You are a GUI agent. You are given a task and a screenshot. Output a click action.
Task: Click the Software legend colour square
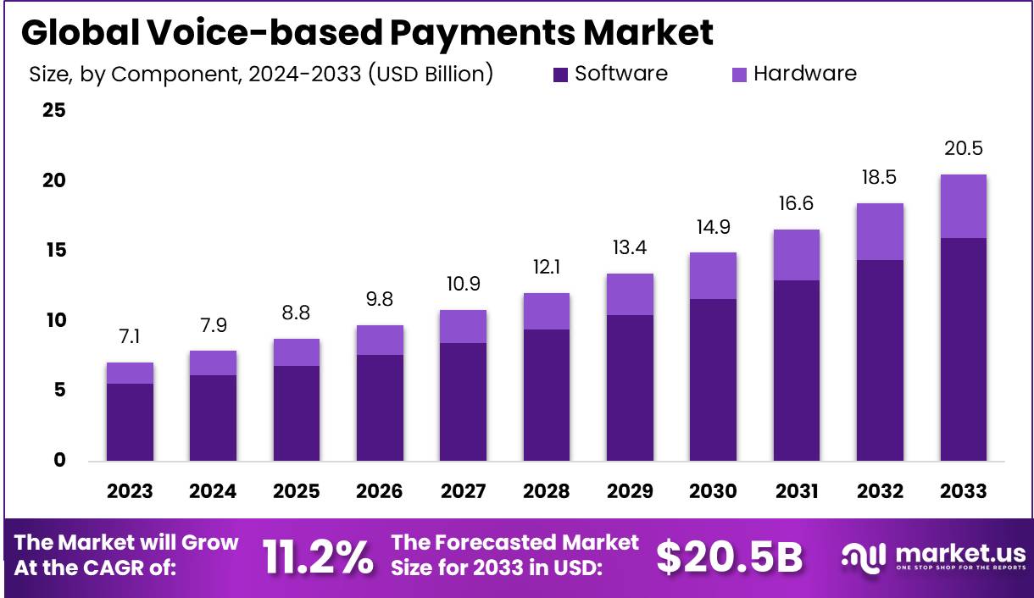[560, 75]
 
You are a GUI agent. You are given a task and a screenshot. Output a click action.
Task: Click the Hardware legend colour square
[739, 75]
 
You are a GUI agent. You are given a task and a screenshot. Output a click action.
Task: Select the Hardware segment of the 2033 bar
[963, 206]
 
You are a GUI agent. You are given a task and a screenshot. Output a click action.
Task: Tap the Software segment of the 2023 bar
[130, 422]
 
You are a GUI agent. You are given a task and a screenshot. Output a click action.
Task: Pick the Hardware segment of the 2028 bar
[547, 311]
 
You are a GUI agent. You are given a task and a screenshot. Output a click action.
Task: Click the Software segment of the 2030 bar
[713, 379]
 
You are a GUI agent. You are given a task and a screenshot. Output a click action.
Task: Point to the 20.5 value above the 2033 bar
[963, 149]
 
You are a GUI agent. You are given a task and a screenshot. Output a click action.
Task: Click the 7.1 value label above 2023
[130, 337]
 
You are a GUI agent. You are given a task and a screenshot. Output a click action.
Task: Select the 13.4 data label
[630, 247]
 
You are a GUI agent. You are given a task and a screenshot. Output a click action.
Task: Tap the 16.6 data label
[797, 204]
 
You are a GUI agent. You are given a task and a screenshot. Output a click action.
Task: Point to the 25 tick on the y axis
[54, 111]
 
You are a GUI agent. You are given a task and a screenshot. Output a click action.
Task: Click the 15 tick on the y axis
[54, 251]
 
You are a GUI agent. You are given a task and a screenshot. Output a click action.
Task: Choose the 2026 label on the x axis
[380, 491]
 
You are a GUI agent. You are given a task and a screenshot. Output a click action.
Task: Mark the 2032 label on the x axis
[880, 491]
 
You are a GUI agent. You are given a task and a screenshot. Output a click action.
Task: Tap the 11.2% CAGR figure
[317, 556]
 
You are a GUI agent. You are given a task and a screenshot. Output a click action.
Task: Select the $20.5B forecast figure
[729, 556]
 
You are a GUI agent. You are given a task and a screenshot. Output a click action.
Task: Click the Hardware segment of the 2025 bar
[297, 352]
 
